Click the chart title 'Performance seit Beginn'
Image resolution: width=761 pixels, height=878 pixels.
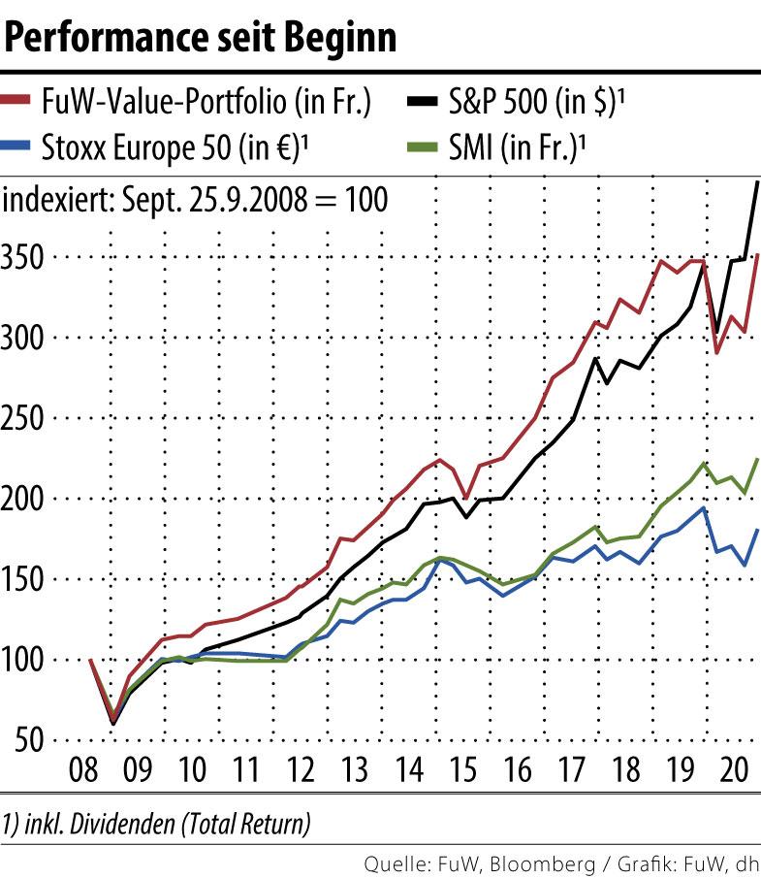tap(202, 38)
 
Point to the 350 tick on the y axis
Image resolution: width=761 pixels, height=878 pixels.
tap(26, 257)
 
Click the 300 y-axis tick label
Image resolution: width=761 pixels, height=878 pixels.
tap(26, 338)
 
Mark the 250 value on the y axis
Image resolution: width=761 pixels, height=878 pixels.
tap(26, 418)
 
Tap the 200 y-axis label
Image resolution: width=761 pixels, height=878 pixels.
tap(26, 499)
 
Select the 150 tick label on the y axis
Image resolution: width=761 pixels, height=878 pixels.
tap(26, 579)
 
